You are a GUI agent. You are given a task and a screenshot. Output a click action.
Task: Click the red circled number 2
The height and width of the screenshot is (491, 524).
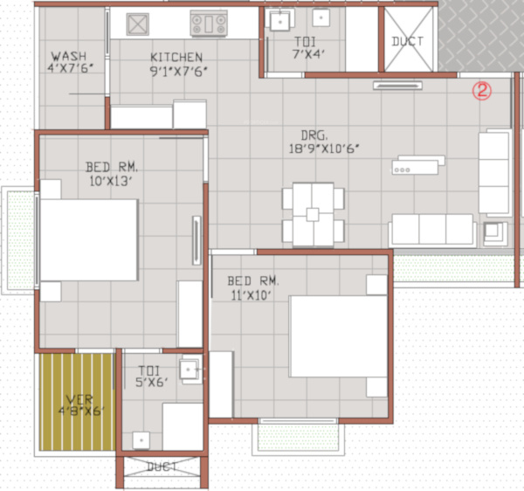pyautogui.click(x=481, y=90)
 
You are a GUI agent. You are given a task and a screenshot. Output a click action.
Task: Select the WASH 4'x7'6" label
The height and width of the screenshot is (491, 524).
pyautogui.click(x=71, y=62)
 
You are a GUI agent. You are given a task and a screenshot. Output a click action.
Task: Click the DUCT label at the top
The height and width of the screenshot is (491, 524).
pyautogui.click(x=408, y=41)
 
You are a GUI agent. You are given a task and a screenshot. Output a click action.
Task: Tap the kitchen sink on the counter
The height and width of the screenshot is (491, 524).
pyautogui.click(x=140, y=24)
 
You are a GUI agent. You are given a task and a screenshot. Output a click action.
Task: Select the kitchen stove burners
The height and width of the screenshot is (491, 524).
pyautogui.click(x=208, y=24)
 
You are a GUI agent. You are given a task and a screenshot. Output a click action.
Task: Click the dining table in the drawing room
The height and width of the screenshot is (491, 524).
pyautogui.click(x=313, y=213)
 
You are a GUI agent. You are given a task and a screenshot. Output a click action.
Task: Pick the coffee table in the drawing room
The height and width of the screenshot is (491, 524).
pyautogui.click(x=417, y=164)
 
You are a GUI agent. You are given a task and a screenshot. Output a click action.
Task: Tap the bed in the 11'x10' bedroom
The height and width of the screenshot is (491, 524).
pyautogui.click(x=338, y=336)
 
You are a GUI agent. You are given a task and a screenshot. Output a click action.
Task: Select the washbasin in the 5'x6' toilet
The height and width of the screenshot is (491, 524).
pyautogui.click(x=190, y=370)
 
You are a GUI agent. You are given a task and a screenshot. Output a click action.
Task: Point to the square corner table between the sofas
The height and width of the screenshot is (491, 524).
pyautogui.click(x=493, y=232)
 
